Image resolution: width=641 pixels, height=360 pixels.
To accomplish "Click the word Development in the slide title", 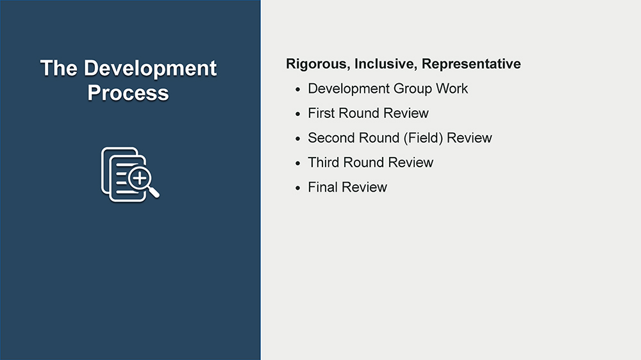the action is pyautogui.click(x=150, y=69).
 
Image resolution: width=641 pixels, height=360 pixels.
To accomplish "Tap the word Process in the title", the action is pyautogui.click(x=128, y=93).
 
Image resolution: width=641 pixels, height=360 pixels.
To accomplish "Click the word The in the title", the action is pyautogui.click(x=58, y=68).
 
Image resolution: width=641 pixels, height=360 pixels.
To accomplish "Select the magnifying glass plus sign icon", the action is pyautogui.click(x=140, y=178).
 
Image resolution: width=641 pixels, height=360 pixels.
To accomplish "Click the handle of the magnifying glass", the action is pyautogui.click(x=154, y=192).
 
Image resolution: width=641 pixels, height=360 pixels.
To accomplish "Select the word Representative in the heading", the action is pyautogui.click(x=471, y=64).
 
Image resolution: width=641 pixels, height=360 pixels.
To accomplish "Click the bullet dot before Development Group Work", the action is pyautogui.click(x=297, y=89).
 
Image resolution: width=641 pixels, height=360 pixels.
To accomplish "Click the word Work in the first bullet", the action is pyautogui.click(x=452, y=88).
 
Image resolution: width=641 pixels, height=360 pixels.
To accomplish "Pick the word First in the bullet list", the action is pyautogui.click(x=321, y=113).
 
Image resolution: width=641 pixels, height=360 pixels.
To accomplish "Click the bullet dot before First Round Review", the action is pyautogui.click(x=297, y=114).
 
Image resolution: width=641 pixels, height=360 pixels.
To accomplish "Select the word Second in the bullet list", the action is pyautogui.click(x=330, y=138).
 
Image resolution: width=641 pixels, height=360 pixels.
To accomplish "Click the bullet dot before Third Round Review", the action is pyautogui.click(x=297, y=163).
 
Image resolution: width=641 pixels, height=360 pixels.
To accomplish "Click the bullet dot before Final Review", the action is pyautogui.click(x=297, y=188).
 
